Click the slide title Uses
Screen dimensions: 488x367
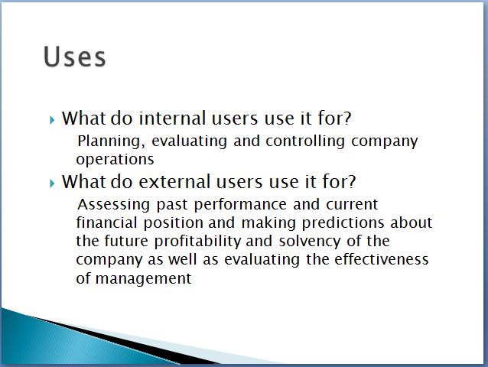click(75, 57)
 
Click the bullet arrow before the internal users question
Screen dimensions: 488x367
click(52, 120)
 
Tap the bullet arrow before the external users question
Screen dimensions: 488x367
click(52, 183)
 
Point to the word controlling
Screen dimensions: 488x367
click(305, 141)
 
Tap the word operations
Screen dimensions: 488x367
click(115, 160)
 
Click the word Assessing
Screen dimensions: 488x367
click(114, 205)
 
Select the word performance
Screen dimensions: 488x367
click(240, 205)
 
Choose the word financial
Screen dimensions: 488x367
click(106, 222)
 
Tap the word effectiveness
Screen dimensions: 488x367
click(382, 259)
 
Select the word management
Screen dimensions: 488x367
click(144, 278)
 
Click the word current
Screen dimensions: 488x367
click(352, 205)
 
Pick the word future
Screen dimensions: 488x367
click(126, 241)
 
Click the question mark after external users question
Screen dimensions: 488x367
click(351, 181)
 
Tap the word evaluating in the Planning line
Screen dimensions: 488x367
click(189, 141)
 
